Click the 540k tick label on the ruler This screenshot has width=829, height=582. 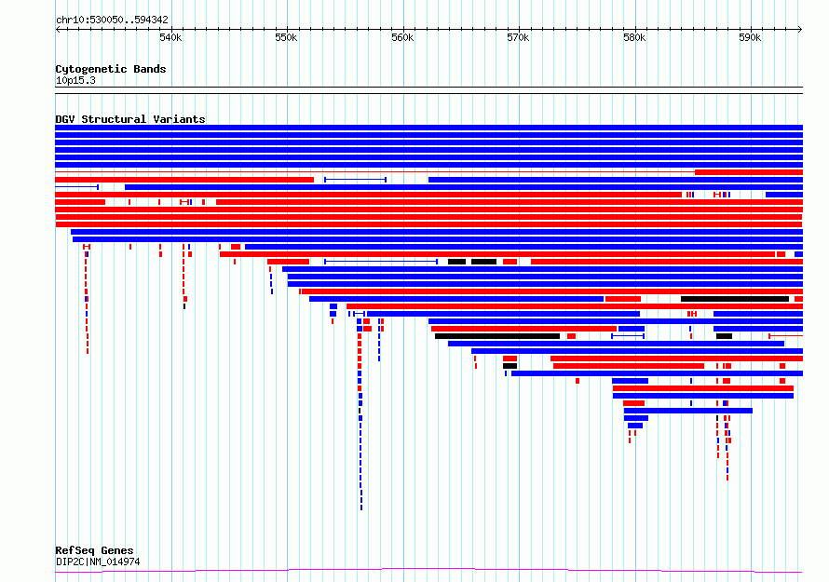170,37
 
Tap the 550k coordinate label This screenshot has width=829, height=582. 286,37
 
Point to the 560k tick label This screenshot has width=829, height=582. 402,37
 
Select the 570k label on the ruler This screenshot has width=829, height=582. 518,37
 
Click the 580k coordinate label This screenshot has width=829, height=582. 634,37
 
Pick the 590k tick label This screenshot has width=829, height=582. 750,37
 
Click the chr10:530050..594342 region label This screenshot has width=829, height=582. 112,20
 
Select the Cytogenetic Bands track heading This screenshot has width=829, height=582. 111,69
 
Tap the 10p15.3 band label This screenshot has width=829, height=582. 75,80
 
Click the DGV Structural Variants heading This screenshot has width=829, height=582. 130,119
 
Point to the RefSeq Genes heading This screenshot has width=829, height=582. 94,550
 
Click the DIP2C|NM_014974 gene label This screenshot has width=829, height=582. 98,562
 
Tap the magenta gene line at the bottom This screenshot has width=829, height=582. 428,570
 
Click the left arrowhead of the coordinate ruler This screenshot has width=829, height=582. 57,30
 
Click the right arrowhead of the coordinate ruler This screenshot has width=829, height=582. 800,30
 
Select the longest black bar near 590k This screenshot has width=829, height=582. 735,299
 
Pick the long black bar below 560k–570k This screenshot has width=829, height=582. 497,336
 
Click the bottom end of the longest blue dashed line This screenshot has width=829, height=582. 361,509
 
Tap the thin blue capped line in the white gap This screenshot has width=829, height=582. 355,180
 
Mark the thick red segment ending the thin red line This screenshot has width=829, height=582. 749,172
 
